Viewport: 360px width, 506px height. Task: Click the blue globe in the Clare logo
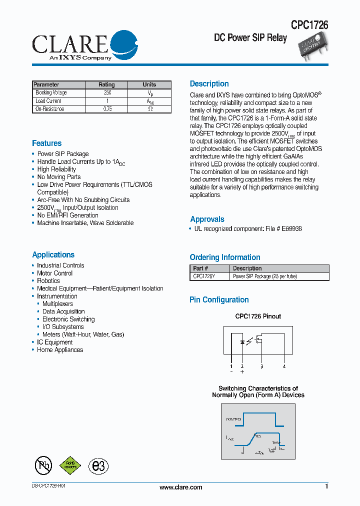click(x=123, y=43)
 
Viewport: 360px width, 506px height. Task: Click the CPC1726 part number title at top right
click(x=309, y=25)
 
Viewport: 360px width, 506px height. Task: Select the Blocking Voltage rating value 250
click(x=106, y=93)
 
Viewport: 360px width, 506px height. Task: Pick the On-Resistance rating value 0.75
click(x=106, y=109)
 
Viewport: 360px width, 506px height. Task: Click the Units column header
click(x=149, y=84)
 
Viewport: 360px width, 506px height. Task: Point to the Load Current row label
click(x=48, y=101)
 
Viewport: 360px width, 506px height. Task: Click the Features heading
click(x=46, y=143)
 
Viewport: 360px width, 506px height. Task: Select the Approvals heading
click(x=207, y=219)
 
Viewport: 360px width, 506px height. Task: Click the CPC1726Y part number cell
click(x=204, y=276)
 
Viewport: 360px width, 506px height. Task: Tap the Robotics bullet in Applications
click(x=48, y=281)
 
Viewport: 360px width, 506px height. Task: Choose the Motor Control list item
click(x=54, y=273)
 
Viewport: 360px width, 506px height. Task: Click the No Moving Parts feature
click(x=58, y=177)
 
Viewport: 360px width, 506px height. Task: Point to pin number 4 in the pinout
click(x=284, y=366)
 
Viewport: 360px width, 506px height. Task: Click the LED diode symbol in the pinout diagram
click(x=243, y=342)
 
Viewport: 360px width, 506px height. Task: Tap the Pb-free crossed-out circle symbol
click(x=43, y=465)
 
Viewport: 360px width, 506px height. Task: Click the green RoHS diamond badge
click(x=70, y=465)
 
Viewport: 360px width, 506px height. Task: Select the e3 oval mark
click(x=98, y=465)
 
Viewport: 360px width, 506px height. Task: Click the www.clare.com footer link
click(x=180, y=487)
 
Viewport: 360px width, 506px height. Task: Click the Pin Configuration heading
click(x=219, y=300)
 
